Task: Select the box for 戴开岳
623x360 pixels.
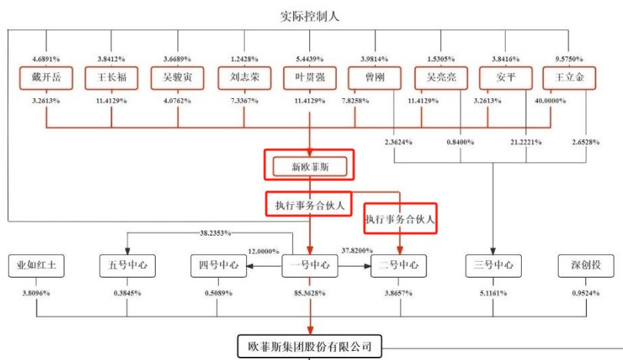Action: click(x=46, y=78)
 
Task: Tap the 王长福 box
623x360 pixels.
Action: click(x=111, y=78)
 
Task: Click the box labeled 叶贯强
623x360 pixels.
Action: click(x=309, y=78)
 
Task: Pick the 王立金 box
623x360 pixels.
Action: click(x=569, y=78)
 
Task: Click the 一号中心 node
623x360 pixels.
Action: click(x=310, y=266)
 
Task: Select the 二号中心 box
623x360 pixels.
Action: click(x=400, y=266)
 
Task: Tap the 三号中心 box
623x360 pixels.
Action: click(x=492, y=266)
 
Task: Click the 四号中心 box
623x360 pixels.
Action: click(x=219, y=266)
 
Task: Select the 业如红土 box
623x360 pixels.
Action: click(x=36, y=266)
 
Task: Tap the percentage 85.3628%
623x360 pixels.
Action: click(x=310, y=294)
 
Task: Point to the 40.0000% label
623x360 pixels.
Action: click(x=568, y=101)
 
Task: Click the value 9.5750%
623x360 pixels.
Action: click(x=569, y=58)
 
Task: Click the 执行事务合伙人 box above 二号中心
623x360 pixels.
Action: click(x=400, y=220)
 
